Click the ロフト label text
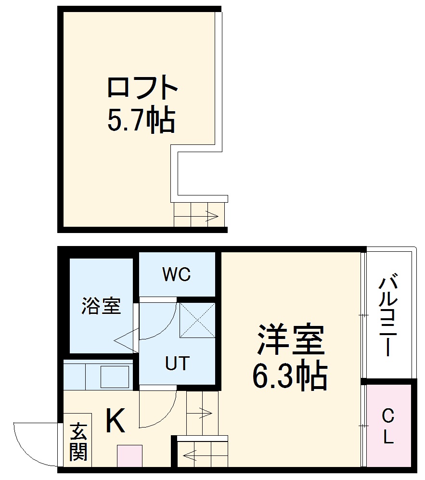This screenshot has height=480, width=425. [x=142, y=88]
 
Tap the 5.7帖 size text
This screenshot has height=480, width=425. [x=140, y=120]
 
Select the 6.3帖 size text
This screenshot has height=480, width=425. [x=290, y=376]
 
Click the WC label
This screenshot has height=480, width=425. [x=176, y=275]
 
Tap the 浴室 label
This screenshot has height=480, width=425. [x=101, y=306]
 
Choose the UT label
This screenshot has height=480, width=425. [x=177, y=363]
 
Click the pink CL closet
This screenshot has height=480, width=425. [x=388, y=426]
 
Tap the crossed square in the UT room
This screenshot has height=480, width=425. [x=197, y=320]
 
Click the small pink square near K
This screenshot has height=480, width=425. [x=129, y=455]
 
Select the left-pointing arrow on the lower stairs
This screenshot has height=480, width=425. [x=189, y=453]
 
